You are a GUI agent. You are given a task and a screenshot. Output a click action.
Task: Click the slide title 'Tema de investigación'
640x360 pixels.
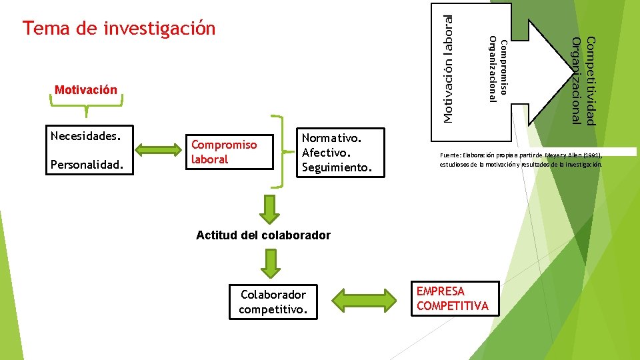tap(119, 29)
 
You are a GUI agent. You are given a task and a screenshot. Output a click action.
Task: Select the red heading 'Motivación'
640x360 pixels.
tap(86, 90)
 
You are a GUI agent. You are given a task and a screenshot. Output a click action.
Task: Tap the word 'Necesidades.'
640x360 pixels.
tap(85, 136)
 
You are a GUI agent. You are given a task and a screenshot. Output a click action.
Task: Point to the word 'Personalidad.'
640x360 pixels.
tap(87, 163)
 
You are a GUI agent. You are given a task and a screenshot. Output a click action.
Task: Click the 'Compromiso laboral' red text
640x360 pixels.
tap(224, 151)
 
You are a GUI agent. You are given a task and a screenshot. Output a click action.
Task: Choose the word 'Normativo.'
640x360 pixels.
tap(331, 138)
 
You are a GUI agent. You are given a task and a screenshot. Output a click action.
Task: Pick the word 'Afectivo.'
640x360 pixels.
tap(325, 152)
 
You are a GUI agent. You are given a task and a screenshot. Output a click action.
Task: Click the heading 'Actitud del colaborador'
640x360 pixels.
tap(263, 235)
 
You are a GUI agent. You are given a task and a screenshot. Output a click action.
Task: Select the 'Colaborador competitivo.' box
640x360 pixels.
tap(273, 301)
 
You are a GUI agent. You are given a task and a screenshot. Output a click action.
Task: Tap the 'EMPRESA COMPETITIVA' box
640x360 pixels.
tap(453, 298)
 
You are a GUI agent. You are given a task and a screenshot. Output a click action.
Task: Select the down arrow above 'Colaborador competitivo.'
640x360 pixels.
tap(269, 263)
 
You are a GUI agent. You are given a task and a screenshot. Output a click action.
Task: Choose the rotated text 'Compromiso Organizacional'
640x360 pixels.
tap(498, 69)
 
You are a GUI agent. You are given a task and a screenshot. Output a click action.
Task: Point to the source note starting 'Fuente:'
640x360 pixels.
tap(521, 159)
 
